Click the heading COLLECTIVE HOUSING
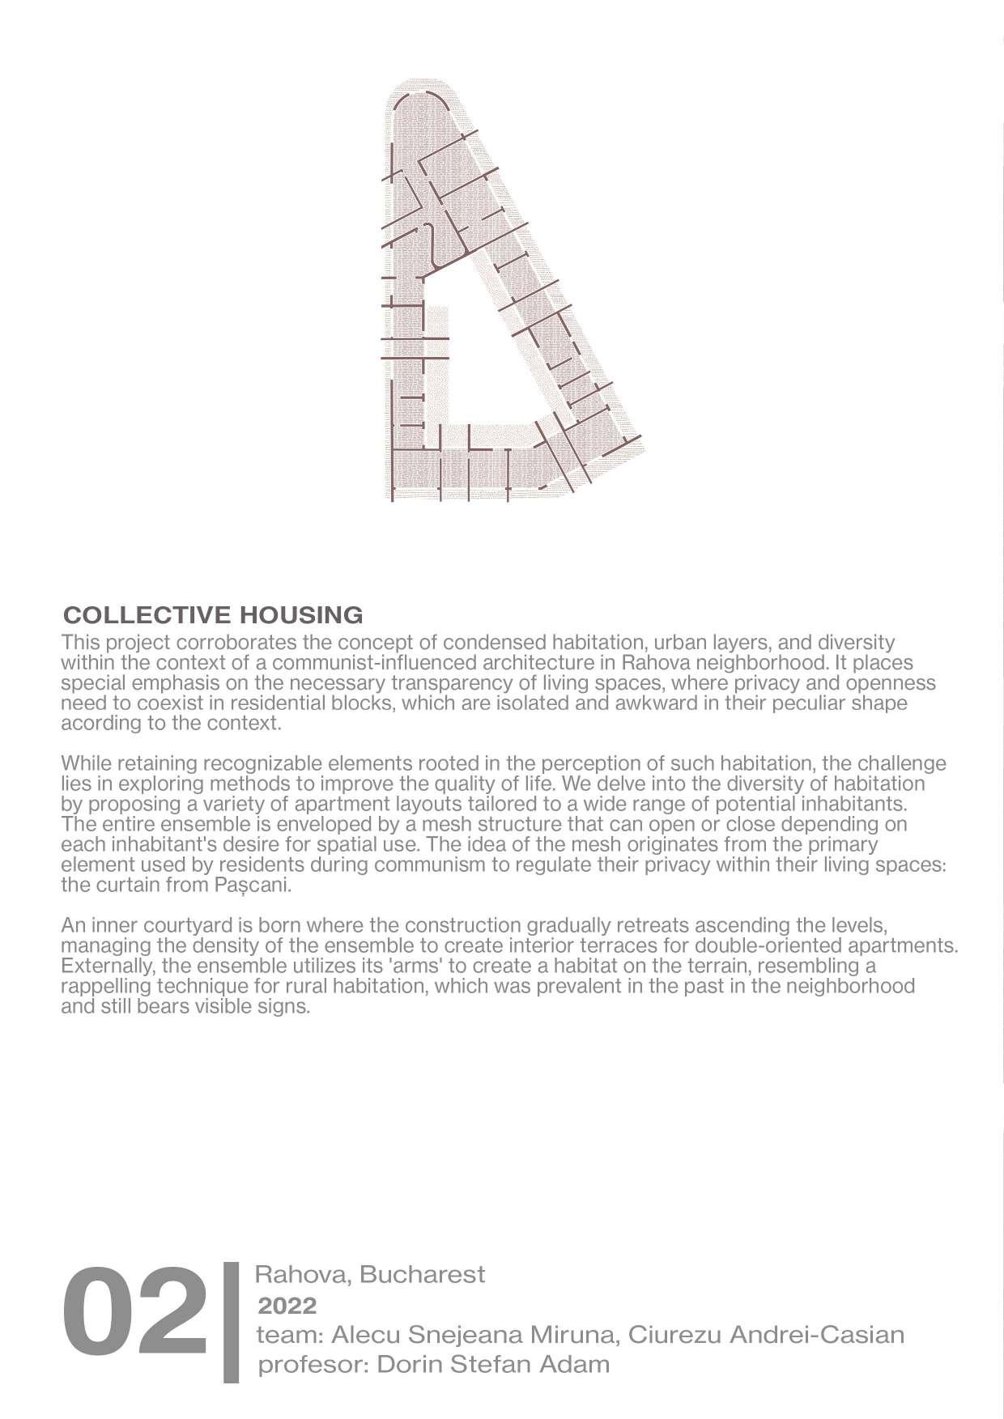click(212, 614)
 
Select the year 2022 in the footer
click(286, 1306)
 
